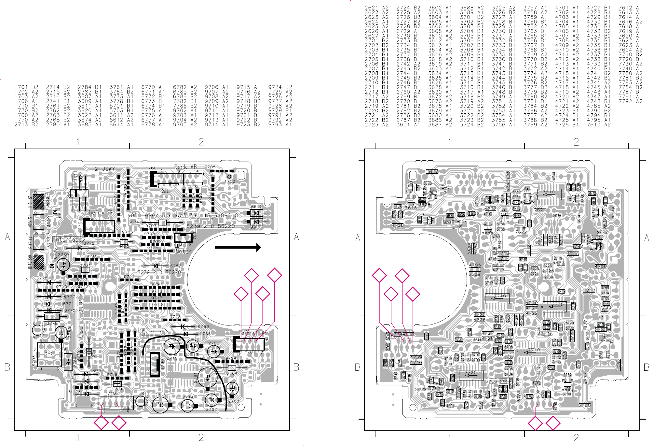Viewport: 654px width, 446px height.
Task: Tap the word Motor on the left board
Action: point(184,252)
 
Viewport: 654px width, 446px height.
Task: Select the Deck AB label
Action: point(186,167)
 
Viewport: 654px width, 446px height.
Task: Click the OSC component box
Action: point(49,354)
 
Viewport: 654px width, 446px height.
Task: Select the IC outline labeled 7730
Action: point(554,306)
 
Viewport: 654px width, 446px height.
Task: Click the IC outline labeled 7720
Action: point(471,375)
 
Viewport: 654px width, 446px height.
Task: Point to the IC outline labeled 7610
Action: point(549,194)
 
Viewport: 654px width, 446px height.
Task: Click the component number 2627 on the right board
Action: point(432,172)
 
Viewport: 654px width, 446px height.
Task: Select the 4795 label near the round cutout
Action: point(475,265)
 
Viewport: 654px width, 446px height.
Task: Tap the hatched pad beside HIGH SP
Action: point(39,202)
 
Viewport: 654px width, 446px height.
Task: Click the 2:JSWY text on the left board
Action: point(105,169)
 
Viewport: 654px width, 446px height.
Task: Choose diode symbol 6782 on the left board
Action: point(156,266)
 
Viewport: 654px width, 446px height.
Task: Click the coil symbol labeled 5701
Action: point(117,384)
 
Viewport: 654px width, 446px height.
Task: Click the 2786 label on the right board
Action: point(584,405)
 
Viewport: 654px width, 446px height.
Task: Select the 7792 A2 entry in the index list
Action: point(630,101)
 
